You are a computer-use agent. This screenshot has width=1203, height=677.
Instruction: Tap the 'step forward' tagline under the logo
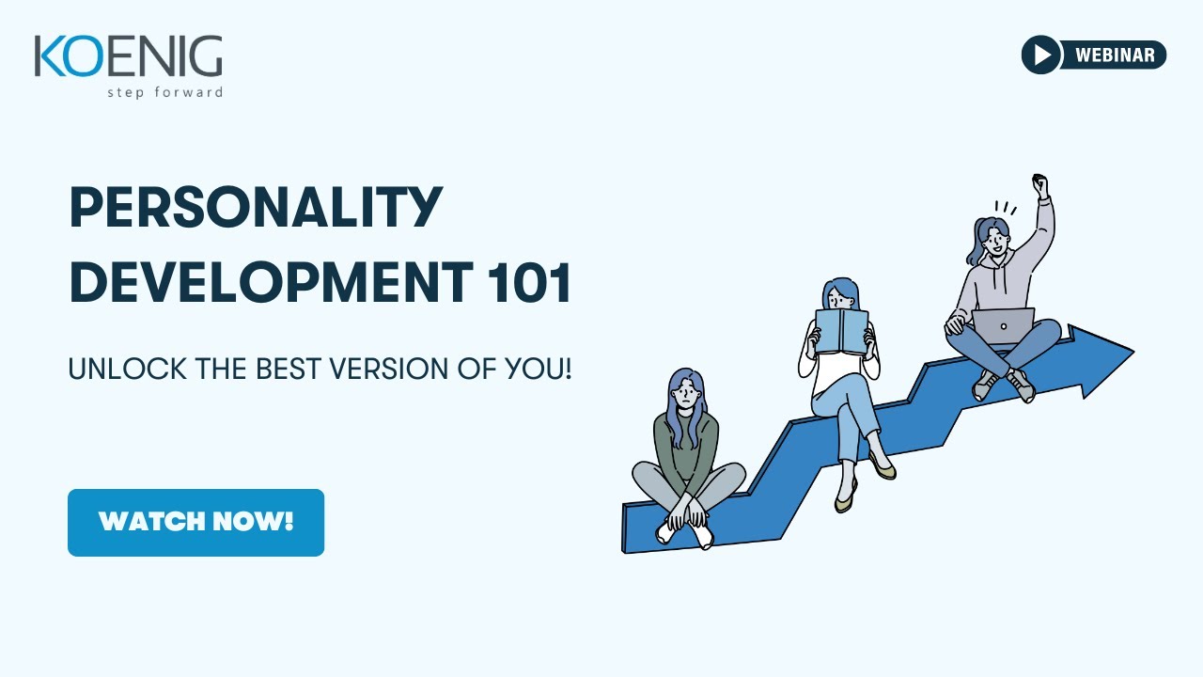click(164, 92)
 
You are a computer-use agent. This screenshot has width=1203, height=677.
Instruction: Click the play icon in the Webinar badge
click(1041, 55)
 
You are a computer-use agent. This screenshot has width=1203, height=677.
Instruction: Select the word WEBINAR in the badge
click(1115, 55)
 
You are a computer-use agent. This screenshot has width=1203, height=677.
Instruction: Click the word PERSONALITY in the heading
click(256, 208)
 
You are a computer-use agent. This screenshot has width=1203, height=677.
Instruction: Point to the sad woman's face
click(685, 390)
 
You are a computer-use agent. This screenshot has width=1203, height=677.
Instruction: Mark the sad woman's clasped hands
click(685, 512)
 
